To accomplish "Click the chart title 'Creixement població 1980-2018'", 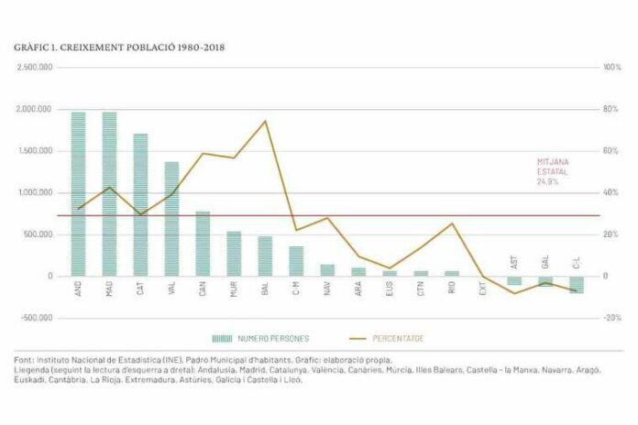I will click(x=120, y=46).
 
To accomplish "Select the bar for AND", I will click(x=78, y=193).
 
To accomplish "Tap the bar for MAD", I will click(x=109, y=193).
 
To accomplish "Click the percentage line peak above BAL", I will click(x=265, y=121).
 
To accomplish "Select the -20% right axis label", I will click(x=611, y=318).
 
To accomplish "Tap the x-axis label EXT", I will click(x=483, y=288).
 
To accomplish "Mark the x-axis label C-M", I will click(x=296, y=288).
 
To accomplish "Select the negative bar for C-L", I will click(x=577, y=284).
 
